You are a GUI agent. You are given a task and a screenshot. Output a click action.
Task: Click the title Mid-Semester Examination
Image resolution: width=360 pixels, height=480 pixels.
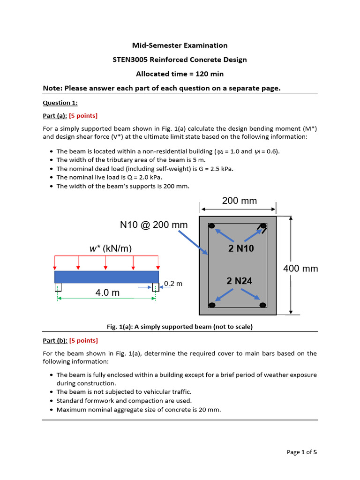click(180, 45)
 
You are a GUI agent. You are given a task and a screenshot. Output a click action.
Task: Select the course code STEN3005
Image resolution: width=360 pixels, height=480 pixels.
click(130, 60)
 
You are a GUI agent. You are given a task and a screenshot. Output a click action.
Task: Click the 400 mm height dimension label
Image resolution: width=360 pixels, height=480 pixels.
click(300, 269)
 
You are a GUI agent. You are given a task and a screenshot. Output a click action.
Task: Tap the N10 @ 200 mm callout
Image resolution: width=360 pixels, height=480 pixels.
click(154, 225)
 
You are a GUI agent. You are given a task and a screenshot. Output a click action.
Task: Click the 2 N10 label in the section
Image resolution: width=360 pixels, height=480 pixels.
click(241, 248)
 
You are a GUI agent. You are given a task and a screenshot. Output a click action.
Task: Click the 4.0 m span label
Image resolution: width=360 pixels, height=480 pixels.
click(107, 292)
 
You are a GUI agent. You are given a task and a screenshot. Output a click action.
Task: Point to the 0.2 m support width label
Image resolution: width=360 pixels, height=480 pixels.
click(173, 284)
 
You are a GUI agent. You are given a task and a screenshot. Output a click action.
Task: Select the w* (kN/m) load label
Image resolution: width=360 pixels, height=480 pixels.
click(111, 248)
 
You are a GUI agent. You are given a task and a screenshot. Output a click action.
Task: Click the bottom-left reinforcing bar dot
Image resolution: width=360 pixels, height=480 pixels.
click(212, 305)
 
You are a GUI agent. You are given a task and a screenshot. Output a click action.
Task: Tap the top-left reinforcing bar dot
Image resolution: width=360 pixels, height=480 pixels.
click(212, 226)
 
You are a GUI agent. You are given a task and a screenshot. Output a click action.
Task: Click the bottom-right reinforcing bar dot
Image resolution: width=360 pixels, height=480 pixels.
click(263, 305)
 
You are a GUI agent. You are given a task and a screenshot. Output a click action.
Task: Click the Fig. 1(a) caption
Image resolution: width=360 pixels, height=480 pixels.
click(180, 327)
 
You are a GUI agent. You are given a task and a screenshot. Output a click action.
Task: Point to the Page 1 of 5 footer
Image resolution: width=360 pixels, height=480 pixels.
click(301, 452)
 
